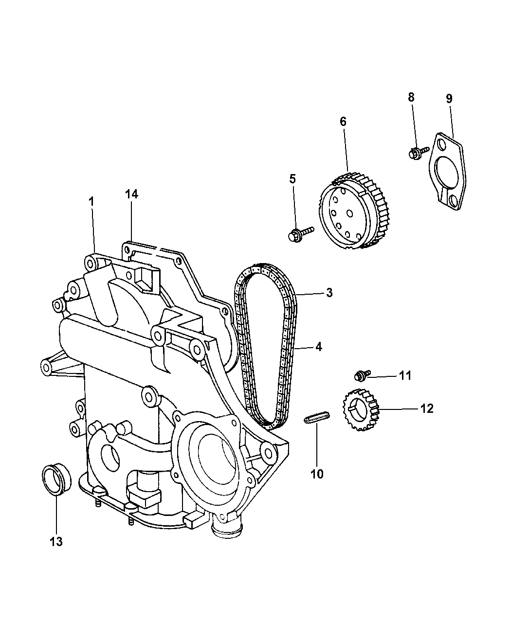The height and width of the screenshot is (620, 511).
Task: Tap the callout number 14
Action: (131, 194)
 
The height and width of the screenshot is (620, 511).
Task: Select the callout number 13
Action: (56, 541)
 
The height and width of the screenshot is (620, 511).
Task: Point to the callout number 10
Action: (317, 473)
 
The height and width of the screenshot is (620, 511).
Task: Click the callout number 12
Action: (427, 408)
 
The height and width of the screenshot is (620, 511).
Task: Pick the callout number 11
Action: (405, 375)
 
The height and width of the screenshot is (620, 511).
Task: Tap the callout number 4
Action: (318, 347)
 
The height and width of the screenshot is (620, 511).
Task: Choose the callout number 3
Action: (329, 293)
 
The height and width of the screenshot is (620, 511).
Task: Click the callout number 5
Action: (292, 178)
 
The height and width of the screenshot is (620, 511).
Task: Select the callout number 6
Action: (343, 122)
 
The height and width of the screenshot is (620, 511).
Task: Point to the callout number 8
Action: (411, 97)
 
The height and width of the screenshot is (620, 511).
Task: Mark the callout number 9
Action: (449, 98)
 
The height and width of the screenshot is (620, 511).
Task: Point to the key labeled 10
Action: (317, 418)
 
